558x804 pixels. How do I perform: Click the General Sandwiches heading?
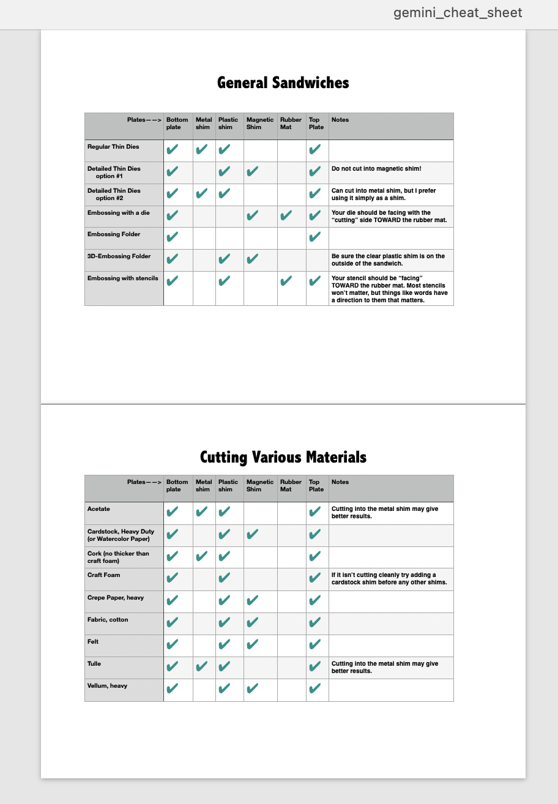pos(283,83)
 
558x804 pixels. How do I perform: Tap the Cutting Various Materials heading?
pos(283,457)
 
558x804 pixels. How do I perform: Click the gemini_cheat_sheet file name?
pos(458,13)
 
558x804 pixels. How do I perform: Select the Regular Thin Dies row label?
pos(113,147)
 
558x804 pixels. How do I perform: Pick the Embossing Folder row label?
pos(114,234)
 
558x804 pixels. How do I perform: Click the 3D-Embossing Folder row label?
pos(119,256)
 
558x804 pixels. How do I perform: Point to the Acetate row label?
pos(99,509)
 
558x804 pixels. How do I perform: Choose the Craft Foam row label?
pos(104,575)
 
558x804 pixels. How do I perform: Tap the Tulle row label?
pos(94,664)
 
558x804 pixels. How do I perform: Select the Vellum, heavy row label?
pos(108,686)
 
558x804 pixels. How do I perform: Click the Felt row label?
pos(93,642)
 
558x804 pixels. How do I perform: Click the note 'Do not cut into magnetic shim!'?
pos(376,168)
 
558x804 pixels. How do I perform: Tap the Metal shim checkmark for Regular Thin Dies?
pos(203,149)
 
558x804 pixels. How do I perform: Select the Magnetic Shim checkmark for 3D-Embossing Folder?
pos(252,259)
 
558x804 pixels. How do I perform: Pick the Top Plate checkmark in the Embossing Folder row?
pos(315,237)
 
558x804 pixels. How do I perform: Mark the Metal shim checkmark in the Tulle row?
pos(203,667)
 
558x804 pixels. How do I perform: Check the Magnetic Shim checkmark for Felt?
pos(252,645)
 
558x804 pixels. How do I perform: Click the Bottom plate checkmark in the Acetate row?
pos(173,512)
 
